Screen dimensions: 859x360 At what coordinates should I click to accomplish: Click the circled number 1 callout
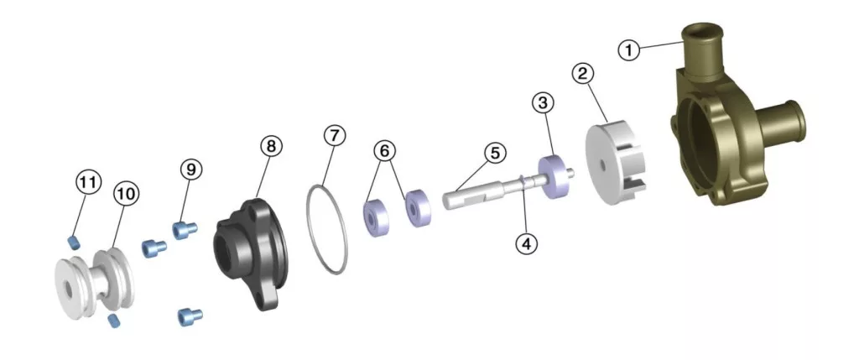(x=629, y=50)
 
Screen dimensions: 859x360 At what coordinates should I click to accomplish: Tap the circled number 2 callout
(x=583, y=73)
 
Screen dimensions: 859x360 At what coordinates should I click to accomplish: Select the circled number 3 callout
(x=543, y=102)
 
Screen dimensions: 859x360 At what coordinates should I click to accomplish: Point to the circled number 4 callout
(x=527, y=244)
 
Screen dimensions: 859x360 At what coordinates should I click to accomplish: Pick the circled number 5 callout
(x=495, y=153)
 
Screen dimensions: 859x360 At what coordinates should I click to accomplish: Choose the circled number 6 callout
(x=385, y=150)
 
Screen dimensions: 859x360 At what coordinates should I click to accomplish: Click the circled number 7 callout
(x=335, y=135)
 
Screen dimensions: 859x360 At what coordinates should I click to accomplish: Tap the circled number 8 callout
(x=271, y=146)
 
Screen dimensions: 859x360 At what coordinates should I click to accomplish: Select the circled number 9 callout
(x=191, y=170)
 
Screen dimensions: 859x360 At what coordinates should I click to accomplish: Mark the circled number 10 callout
(x=126, y=194)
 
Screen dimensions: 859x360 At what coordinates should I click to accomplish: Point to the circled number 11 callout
(x=89, y=181)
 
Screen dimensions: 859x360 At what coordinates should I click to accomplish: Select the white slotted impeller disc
(x=614, y=164)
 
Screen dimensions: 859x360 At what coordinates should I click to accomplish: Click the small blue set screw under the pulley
(x=113, y=321)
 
